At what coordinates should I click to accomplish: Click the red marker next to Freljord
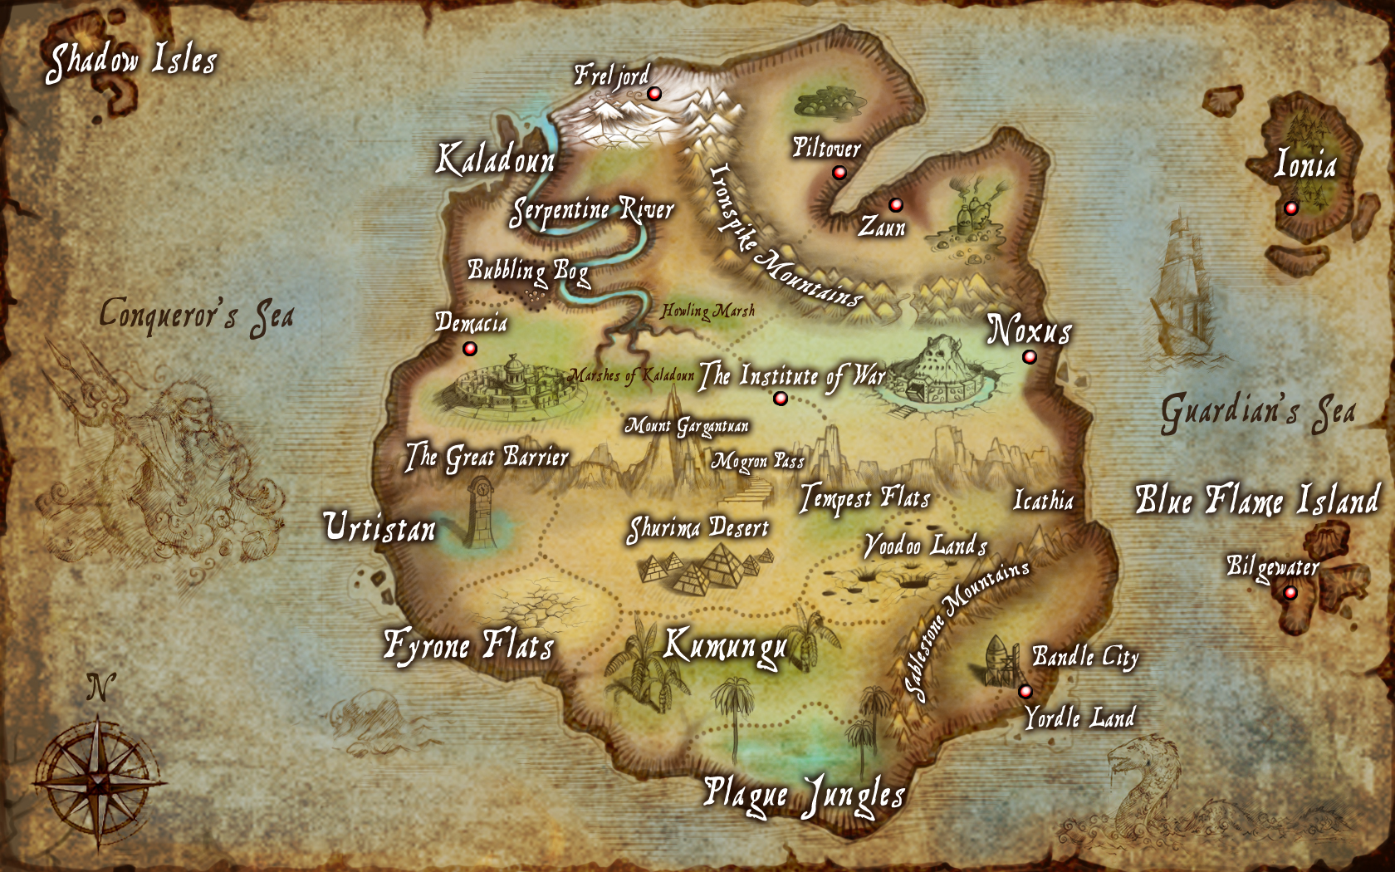coord(654,94)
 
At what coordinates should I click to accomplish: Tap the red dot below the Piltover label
coord(839,173)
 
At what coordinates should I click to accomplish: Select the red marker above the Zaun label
coord(895,204)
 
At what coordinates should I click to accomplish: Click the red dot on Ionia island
coord(1290,208)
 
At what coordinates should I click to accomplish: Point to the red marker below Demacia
coord(470,349)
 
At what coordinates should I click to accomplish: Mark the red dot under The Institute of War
coord(780,399)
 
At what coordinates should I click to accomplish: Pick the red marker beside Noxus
coord(1030,357)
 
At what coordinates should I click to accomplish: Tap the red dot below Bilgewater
coord(1290,593)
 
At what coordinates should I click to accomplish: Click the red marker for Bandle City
coord(1025,692)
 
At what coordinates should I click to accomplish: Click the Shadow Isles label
coord(131,61)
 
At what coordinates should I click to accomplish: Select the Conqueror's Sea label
coord(197,316)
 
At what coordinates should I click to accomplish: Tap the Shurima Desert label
coord(698,529)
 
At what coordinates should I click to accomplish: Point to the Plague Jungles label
coord(804,796)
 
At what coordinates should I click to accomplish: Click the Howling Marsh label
coord(708,311)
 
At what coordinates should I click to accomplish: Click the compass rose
coord(99,781)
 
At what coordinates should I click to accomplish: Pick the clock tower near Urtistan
coord(479,511)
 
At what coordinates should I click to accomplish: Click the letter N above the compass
coord(100,688)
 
